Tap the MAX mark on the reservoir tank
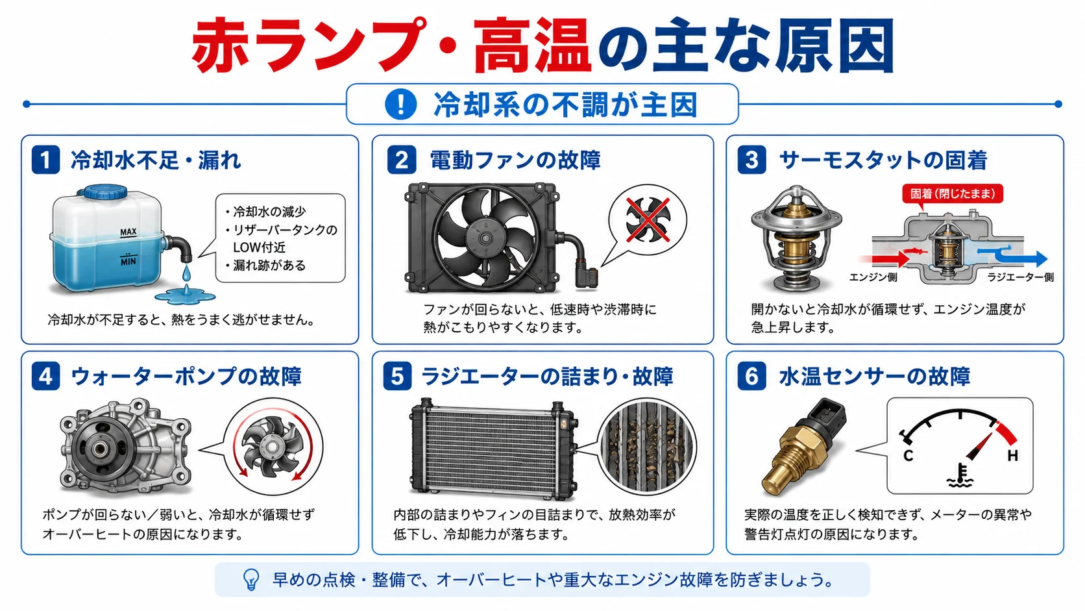(x=128, y=232)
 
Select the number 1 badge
(x=45, y=160)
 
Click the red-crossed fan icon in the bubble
(x=648, y=219)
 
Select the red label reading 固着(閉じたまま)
(x=952, y=193)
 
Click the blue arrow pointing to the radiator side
(x=1012, y=257)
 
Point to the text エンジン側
(x=873, y=277)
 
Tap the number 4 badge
(x=45, y=376)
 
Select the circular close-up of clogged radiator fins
(x=647, y=447)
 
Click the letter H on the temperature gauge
(x=1013, y=455)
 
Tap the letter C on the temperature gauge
(x=908, y=455)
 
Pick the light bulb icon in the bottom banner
(x=251, y=579)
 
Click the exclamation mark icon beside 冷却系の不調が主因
(x=400, y=104)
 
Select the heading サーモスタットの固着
(x=883, y=160)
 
